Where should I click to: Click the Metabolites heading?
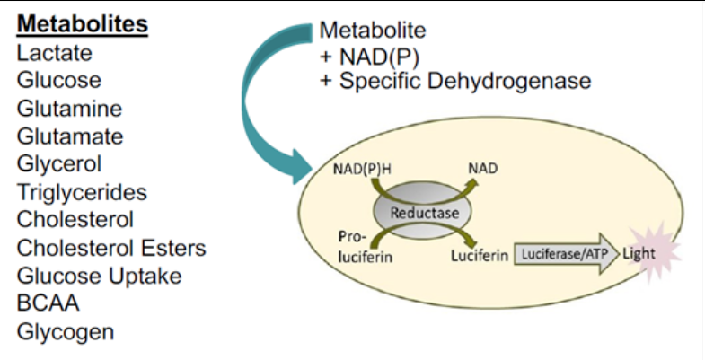click(x=82, y=24)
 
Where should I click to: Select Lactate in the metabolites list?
click(x=50, y=53)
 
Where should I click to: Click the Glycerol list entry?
click(x=58, y=164)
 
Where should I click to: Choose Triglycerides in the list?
click(x=81, y=192)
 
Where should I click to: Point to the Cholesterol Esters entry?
click(x=111, y=248)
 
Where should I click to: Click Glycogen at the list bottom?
click(x=66, y=331)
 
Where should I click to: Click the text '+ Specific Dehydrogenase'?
click(x=455, y=81)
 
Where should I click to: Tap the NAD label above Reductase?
click(x=482, y=168)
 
